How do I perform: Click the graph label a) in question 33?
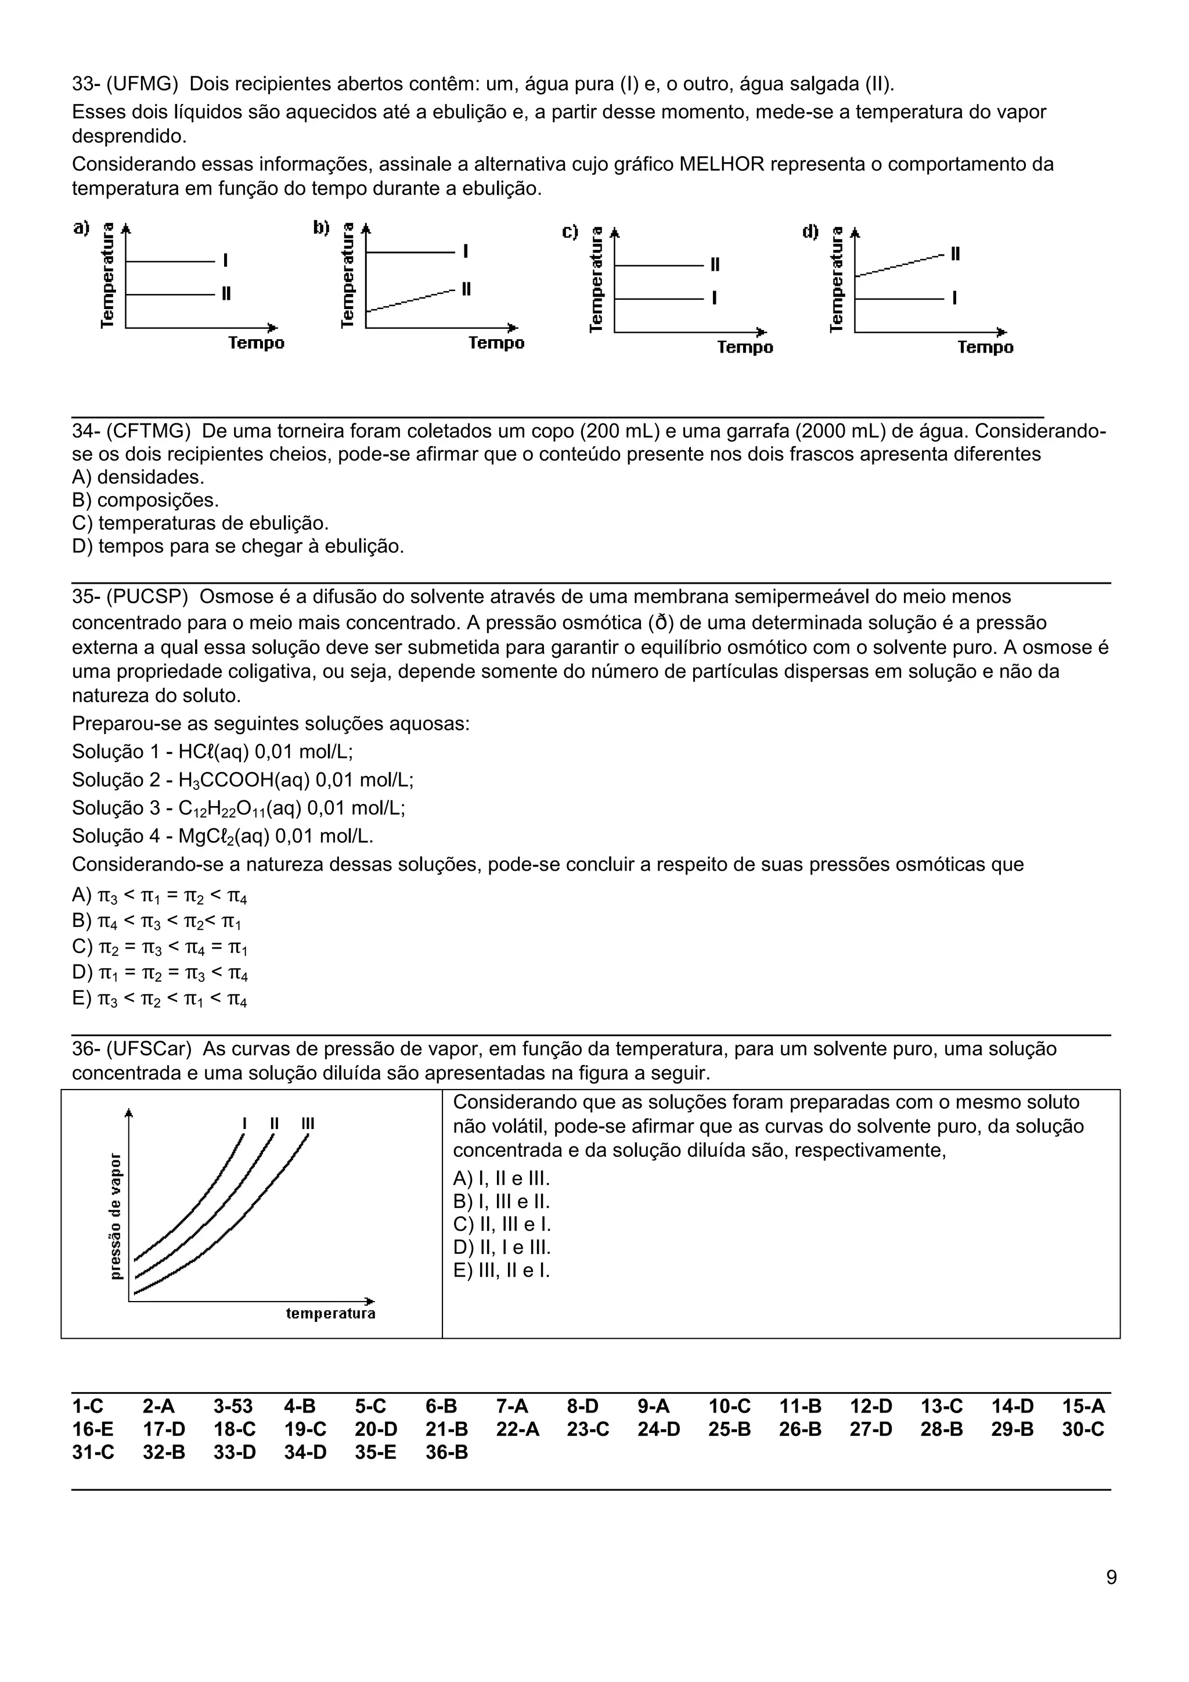81,228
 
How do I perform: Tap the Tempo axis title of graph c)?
745,347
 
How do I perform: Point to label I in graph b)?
466,251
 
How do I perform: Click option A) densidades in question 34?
138,477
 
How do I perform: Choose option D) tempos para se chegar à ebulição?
237,546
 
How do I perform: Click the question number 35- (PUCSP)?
129,596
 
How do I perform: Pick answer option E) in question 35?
160,998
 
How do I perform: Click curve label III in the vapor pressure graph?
308,1123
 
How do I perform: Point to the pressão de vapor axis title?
115,1216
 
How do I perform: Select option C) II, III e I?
502,1224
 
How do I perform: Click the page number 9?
1111,1598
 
